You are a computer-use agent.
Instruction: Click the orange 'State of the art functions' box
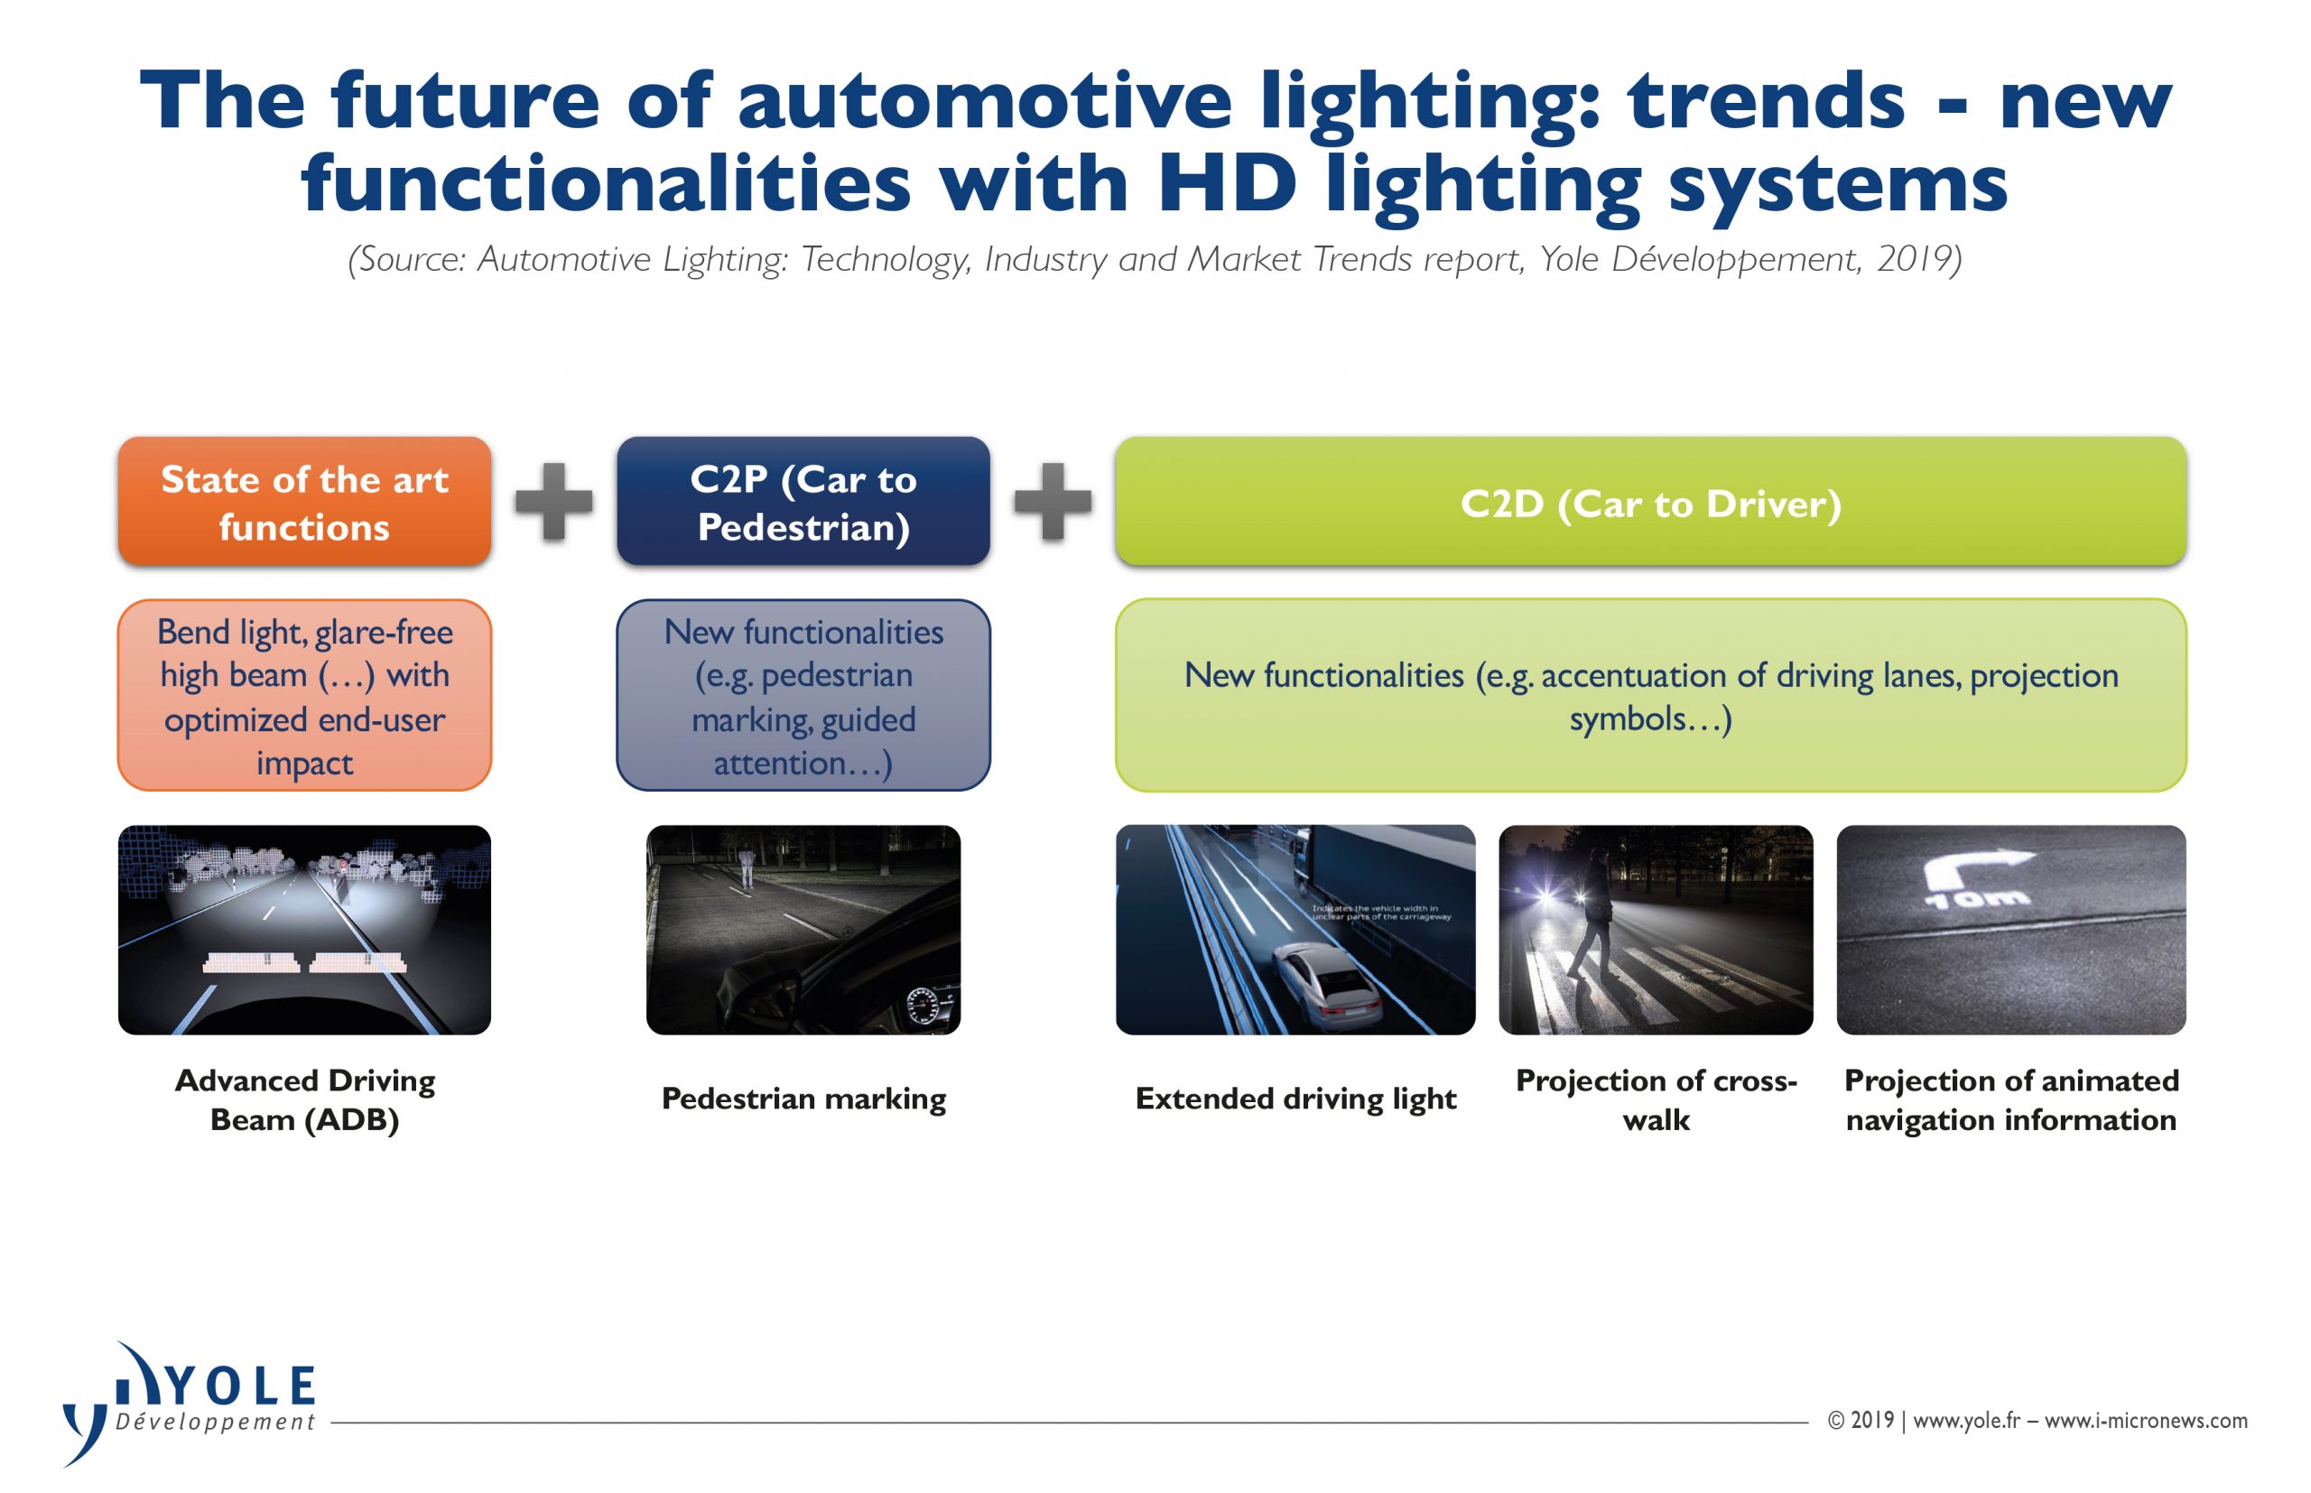tap(304, 501)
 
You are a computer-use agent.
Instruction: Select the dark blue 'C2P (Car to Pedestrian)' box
tap(803, 501)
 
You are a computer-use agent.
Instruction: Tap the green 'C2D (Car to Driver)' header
tap(1651, 501)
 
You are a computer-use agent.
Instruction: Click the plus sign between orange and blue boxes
tap(553, 501)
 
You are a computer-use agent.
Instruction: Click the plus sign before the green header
tap(1053, 501)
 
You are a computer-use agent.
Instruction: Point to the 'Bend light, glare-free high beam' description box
tap(304, 695)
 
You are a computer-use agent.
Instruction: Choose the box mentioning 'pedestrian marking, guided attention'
tap(803, 695)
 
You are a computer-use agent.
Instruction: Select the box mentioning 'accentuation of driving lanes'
tap(1651, 695)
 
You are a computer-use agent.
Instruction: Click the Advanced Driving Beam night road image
tap(304, 930)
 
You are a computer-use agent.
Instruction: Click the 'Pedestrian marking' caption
tap(803, 1099)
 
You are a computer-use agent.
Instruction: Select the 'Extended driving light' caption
tap(1295, 1099)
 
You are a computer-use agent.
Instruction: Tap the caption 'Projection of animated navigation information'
tap(2011, 1100)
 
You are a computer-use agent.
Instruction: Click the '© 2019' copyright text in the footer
tap(1861, 1420)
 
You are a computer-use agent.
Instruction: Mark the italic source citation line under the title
tap(1155, 260)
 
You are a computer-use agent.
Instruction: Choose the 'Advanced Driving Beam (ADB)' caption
tap(304, 1100)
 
